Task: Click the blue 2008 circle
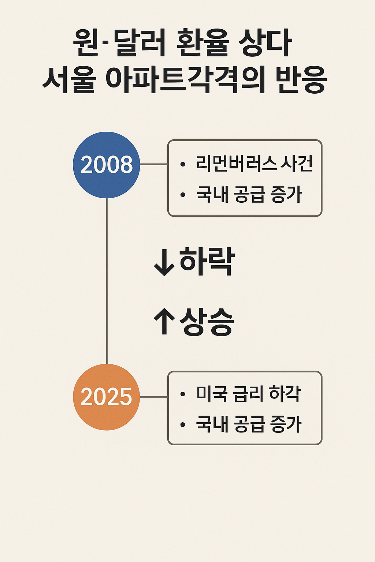click(107, 165)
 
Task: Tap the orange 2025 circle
click(107, 397)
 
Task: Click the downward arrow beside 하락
click(164, 262)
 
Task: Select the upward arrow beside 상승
click(164, 321)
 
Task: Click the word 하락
click(207, 261)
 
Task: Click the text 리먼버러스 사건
click(255, 164)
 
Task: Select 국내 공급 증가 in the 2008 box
click(249, 194)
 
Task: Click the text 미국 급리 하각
click(248, 394)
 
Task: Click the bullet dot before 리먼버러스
click(183, 165)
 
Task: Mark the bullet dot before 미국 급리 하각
click(183, 394)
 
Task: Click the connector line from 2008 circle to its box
click(154, 164)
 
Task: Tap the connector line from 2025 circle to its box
click(154, 397)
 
